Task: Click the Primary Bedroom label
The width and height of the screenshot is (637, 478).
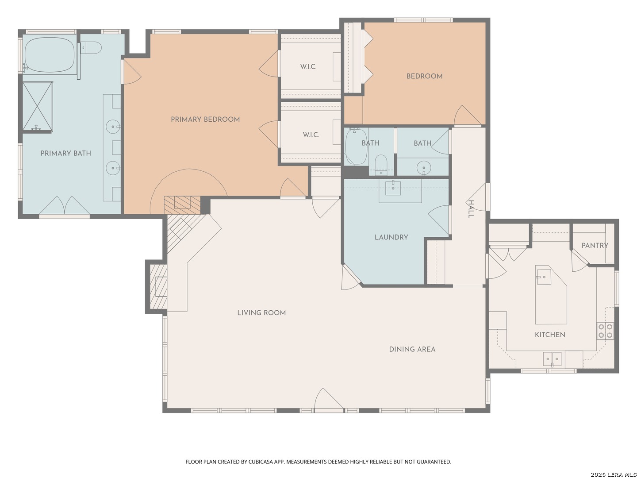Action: coord(205,119)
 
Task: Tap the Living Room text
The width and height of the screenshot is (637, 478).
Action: coord(261,312)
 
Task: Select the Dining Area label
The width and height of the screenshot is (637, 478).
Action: coord(412,349)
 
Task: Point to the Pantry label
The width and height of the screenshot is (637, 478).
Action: coord(595,246)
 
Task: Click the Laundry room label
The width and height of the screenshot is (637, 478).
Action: coord(391,237)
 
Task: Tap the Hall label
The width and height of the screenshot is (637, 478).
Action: coord(471,209)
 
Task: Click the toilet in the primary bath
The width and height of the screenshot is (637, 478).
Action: coord(91,48)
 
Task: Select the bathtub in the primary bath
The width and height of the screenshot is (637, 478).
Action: coord(50,54)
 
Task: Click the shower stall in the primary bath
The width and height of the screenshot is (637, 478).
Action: coord(38,106)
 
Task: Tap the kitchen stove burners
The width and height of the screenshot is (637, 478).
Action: coord(605,331)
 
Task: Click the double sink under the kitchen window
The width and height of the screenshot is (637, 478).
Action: coord(552,359)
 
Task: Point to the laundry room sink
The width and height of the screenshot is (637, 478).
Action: coord(393,188)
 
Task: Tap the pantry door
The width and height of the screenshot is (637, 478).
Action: coord(579,261)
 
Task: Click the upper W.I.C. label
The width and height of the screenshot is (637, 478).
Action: coord(308,67)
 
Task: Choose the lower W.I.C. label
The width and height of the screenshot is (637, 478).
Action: coord(311,135)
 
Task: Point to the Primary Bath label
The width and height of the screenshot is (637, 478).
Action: coord(65,153)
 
